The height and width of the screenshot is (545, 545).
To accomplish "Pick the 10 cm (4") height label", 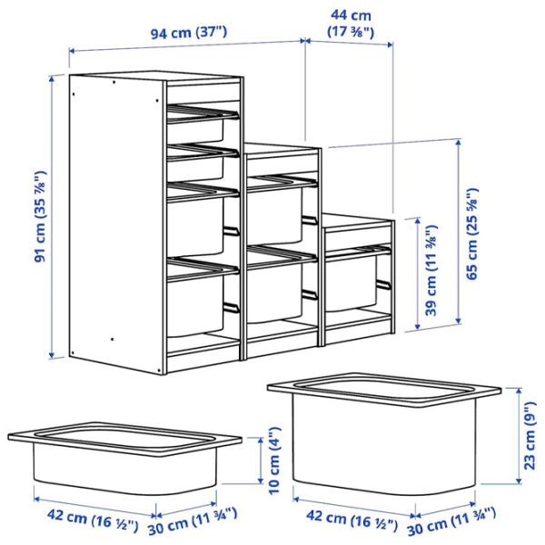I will coord(273,459).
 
